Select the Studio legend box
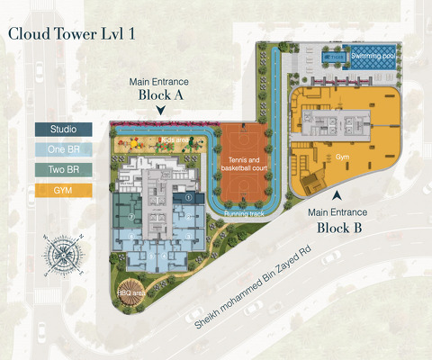coord(62,130)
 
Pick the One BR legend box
coord(62,149)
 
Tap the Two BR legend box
coord(62,169)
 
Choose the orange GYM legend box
coord(62,189)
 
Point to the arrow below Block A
coord(159,111)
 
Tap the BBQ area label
coord(131,293)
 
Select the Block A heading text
coord(159,94)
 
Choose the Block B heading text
coord(338,229)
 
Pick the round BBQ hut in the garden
coord(125,281)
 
